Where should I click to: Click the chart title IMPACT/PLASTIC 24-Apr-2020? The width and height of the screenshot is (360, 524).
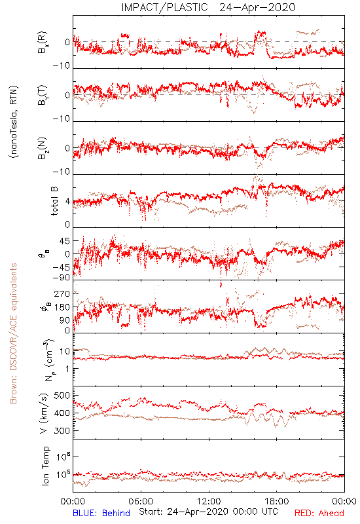[x=208, y=7]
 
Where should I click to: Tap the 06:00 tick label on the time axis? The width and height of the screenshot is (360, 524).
[x=141, y=501]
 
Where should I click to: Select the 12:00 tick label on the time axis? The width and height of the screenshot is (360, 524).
[x=209, y=501]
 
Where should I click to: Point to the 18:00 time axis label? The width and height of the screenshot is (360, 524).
[x=277, y=501]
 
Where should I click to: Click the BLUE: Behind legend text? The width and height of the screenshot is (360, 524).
[x=101, y=513]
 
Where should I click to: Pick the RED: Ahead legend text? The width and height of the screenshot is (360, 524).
[x=319, y=513]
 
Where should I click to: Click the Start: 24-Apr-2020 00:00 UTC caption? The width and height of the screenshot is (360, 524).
[x=208, y=512]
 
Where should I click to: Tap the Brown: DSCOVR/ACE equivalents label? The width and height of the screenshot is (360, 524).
[x=13, y=333]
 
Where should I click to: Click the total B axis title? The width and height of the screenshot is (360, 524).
[x=54, y=201]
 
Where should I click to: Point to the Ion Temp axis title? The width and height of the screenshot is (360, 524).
[x=45, y=466]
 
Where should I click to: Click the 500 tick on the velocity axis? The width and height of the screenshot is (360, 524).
[x=62, y=396]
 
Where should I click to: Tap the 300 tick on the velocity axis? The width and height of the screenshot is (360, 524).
[x=62, y=431]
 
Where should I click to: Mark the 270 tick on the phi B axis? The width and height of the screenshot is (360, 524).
[x=62, y=294]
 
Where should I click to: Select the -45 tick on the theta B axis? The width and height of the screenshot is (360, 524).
[x=60, y=268]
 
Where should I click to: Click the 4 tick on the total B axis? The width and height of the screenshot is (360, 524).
[x=67, y=202]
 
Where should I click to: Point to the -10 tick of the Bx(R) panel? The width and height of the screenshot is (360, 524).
[x=62, y=66]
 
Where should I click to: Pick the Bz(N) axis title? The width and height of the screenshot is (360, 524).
[x=43, y=148]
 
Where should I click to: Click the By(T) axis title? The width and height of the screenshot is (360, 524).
[x=43, y=95]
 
